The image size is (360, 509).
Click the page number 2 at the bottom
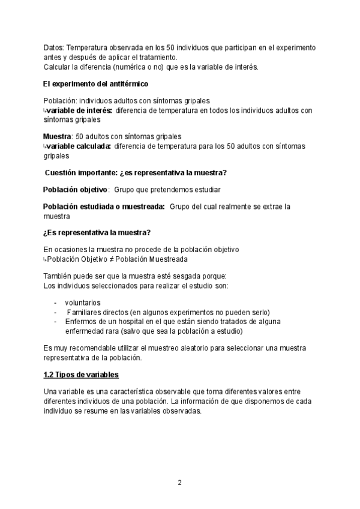(x=179, y=483)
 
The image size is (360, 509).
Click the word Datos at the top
(x=53, y=47)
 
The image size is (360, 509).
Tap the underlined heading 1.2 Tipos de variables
(x=81, y=375)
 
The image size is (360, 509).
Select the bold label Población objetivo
(x=75, y=190)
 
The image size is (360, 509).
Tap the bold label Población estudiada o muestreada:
(x=104, y=206)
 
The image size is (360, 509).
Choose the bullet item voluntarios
(x=83, y=303)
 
